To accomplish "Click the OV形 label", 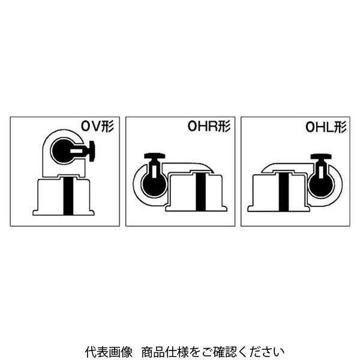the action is pyautogui.click(x=97, y=127).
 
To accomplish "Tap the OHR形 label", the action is pyautogui.click(x=209, y=126).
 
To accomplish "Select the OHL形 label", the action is pyautogui.click(x=326, y=127).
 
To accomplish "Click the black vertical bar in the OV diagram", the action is pyautogui.click(x=68, y=196).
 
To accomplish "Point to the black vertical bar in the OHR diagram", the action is pyautogui.click(x=200, y=192).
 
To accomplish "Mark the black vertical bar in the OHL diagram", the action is pyautogui.click(x=284, y=192).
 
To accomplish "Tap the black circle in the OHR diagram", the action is pyautogui.click(x=154, y=185).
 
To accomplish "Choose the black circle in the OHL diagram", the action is pyautogui.click(x=321, y=185).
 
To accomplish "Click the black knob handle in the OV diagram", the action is pyautogui.click(x=92, y=151).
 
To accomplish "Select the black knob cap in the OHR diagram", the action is pyautogui.click(x=155, y=156).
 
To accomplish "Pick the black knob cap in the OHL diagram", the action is pyautogui.click(x=321, y=157).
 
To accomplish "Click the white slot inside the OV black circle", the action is pyautogui.click(x=76, y=151).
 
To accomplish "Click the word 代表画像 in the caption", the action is pyautogui.click(x=109, y=352).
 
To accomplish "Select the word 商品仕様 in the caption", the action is pyautogui.click(x=164, y=352).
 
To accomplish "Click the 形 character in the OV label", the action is pyautogui.click(x=108, y=127).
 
